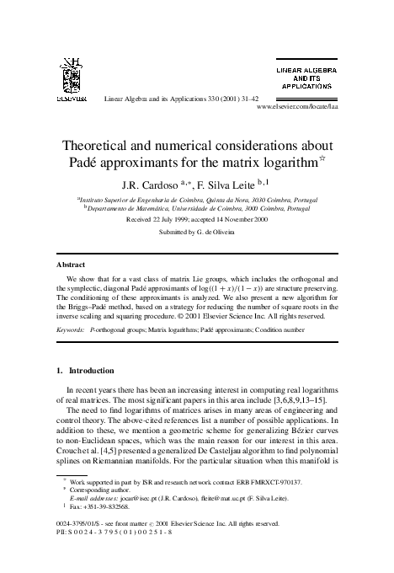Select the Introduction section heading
click(x=92, y=370)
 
